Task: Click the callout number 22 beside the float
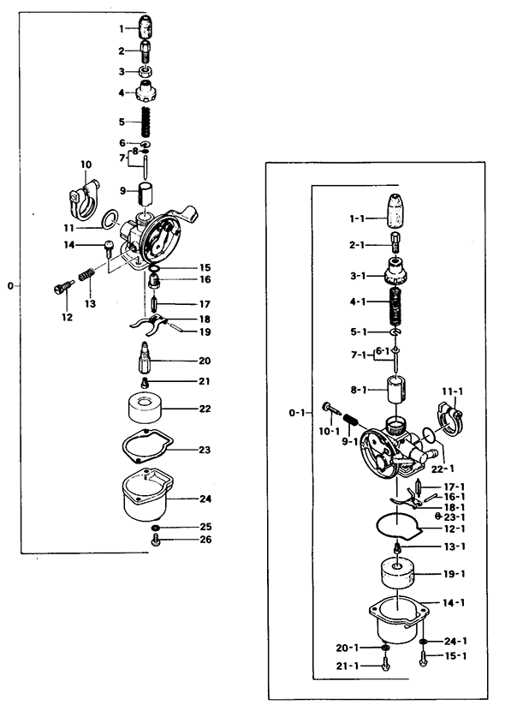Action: coord(205,409)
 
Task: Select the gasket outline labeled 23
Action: coord(147,446)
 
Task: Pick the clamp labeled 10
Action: coord(85,200)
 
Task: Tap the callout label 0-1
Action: coord(296,412)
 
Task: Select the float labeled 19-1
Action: coord(397,574)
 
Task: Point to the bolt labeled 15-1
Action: coord(422,658)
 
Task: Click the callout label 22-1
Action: coord(443,468)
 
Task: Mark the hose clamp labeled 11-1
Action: coord(449,420)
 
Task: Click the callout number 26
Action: coord(205,540)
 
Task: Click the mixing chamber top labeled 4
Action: coord(146,92)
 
